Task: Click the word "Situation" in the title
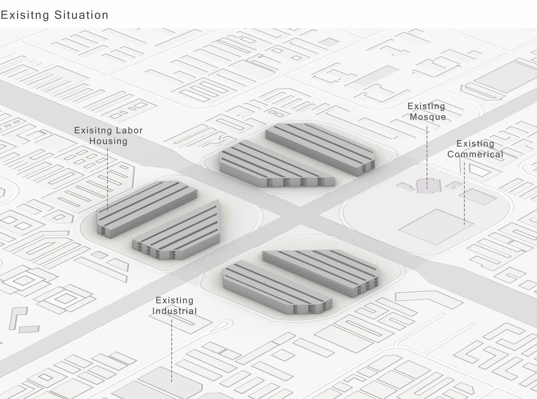pyautogui.click(x=81, y=15)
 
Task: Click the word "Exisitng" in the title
pyautogui.click(x=25, y=16)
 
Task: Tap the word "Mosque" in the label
pyautogui.click(x=428, y=117)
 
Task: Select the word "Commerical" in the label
pyautogui.click(x=475, y=154)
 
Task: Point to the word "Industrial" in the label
pyautogui.click(x=175, y=311)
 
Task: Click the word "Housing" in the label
pyautogui.click(x=108, y=141)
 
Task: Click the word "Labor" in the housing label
pyautogui.click(x=129, y=130)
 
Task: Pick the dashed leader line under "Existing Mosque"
pyautogui.click(x=427, y=157)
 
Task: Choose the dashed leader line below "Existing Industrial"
pyautogui.click(x=172, y=351)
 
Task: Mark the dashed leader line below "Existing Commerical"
pyautogui.click(x=464, y=194)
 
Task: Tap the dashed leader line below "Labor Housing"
pyautogui.click(x=107, y=179)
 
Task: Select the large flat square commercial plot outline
pyautogui.click(x=436, y=226)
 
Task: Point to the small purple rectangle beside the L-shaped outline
pyautogui.click(x=29, y=329)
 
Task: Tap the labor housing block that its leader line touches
pyautogui.click(x=147, y=209)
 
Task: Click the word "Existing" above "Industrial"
pyautogui.click(x=175, y=300)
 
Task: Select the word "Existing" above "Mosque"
pyautogui.click(x=426, y=106)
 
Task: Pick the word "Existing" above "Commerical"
pyautogui.click(x=475, y=144)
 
